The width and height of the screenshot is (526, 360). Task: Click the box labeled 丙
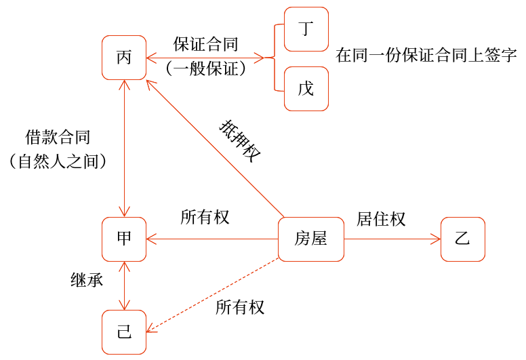coord(123,58)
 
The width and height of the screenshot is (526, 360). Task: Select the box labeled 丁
coord(306,29)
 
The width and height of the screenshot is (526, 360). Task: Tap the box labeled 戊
coord(306,88)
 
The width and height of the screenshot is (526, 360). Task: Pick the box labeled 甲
coord(123,239)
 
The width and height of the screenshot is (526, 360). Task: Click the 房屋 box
coord(310,239)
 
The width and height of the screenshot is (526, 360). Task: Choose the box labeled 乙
coord(463,239)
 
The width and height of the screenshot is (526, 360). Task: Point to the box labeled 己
coord(123,332)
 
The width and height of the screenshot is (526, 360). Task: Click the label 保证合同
coord(205,45)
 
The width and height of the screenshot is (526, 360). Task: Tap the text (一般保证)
coord(205,68)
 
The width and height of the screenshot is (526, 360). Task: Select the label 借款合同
coord(58,137)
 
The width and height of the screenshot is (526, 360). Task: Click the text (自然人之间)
coord(58,161)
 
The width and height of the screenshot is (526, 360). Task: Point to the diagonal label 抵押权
coord(240,141)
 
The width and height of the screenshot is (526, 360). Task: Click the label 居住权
coord(381,218)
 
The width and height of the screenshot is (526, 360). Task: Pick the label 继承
coord(87,279)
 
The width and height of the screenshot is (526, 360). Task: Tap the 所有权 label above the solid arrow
coord(205,217)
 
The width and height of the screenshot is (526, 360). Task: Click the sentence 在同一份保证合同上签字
coord(426,56)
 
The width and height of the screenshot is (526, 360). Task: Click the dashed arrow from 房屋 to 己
coord(213,296)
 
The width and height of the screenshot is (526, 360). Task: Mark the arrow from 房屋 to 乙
coord(390,239)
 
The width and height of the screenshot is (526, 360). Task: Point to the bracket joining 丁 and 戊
coord(274,58)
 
